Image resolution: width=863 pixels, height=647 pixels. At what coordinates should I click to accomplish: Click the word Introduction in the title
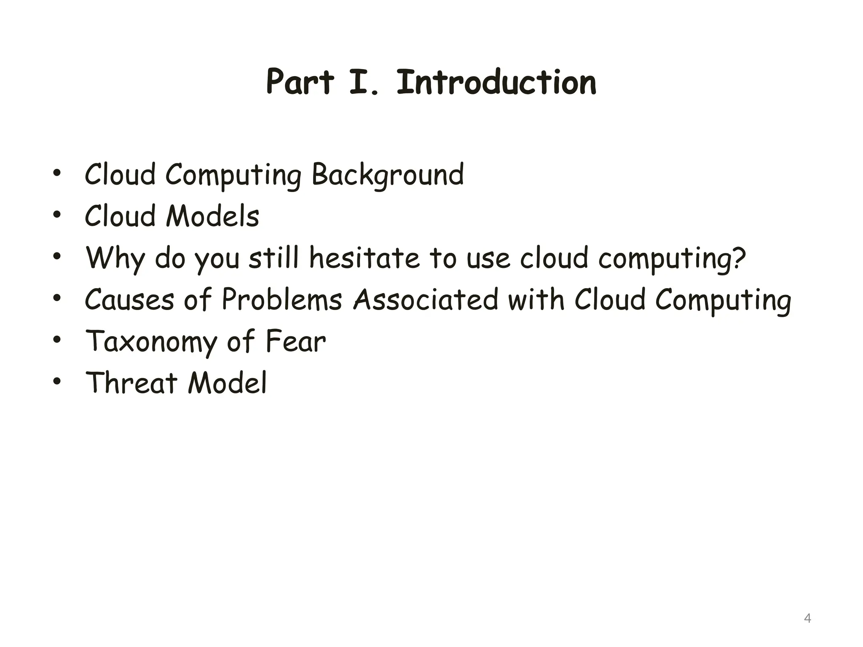point(496,82)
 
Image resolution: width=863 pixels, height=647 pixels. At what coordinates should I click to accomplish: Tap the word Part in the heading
point(300,82)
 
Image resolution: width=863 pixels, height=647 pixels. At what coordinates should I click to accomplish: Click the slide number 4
point(807,618)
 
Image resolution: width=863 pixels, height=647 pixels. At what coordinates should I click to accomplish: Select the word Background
point(388,175)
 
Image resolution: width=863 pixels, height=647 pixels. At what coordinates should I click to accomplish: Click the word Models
point(213,216)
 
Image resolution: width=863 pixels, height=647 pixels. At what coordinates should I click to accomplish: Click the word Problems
point(281,299)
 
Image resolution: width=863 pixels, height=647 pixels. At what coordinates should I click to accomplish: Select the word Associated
point(426,299)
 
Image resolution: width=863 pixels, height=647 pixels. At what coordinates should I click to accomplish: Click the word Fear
point(295,341)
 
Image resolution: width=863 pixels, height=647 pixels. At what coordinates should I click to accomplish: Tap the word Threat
point(131,383)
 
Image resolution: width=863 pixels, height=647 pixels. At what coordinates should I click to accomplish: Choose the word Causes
point(129,299)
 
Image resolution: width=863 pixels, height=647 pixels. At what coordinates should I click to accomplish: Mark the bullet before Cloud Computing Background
point(57,174)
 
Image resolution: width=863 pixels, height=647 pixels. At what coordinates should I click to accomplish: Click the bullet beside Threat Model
point(57,382)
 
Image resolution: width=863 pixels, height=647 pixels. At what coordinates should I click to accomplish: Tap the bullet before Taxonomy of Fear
point(57,340)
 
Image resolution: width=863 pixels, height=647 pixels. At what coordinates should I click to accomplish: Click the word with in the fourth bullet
point(536,299)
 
